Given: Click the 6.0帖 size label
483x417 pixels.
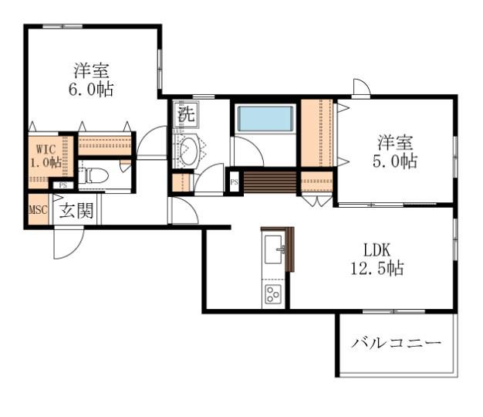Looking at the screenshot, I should [91, 90].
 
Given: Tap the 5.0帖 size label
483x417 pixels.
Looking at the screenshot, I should [397, 161].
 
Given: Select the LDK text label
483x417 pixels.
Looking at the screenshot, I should [378, 250].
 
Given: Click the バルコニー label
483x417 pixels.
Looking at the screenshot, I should [397, 343].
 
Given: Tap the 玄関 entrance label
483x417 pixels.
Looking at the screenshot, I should [77, 210].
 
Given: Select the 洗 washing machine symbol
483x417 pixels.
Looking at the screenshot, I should [185, 115].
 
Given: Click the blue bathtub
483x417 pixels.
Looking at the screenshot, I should [265, 119].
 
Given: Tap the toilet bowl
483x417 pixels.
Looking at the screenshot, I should [94, 175].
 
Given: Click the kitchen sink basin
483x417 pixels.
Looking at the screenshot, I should [273, 249].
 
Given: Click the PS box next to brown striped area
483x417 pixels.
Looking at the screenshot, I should [234, 183].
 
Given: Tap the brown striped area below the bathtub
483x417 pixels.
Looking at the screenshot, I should [269, 182].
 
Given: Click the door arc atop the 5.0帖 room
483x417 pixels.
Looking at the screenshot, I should [361, 87].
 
